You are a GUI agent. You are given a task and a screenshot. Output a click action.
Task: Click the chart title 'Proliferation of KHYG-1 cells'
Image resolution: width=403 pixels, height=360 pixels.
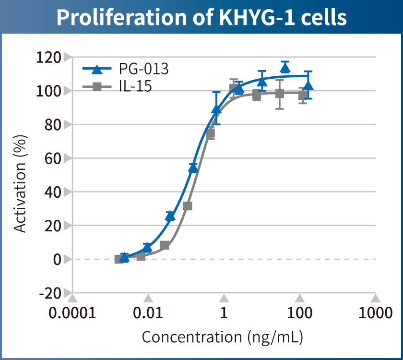(x=201, y=17)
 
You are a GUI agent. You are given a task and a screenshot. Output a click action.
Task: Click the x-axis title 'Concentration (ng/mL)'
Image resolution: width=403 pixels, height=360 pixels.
(x=223, y=337)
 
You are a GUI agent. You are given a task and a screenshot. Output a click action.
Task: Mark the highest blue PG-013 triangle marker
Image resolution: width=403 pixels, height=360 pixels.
(x=285, y=68)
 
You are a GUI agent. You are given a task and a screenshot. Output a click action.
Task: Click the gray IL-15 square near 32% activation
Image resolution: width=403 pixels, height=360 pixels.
(x=188, y=206)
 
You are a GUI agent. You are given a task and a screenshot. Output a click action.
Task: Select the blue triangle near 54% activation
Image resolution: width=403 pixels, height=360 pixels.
(x=193, y=168)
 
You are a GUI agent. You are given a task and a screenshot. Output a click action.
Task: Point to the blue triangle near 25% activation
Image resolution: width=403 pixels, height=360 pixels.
(x=170, y=216)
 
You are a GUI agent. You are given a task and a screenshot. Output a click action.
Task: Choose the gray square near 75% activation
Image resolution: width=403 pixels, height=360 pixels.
(x=210, y=134)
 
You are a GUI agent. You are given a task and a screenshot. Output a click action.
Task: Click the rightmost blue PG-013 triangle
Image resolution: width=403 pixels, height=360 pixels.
(x=308, y=85)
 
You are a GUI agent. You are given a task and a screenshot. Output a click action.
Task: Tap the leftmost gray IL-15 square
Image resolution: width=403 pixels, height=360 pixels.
(x=119, y=259)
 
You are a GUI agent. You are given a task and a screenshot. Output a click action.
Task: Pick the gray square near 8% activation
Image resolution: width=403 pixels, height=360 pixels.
(x=165, y=245)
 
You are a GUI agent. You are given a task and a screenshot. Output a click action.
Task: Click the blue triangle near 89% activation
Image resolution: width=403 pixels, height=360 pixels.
(x=216, y=109)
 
